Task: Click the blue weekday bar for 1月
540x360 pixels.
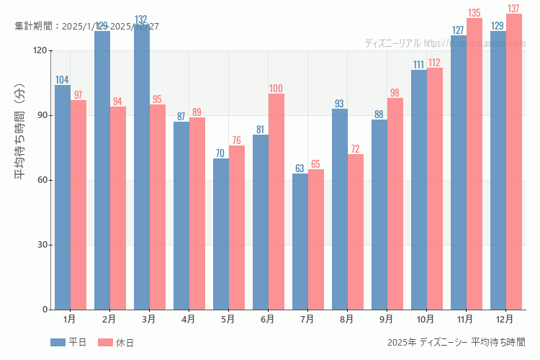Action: point(63,197)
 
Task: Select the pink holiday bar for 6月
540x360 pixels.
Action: point(276,202)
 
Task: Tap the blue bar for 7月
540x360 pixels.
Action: point(300,241)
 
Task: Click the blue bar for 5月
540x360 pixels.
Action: point(221,234)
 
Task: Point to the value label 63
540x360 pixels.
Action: point(300,168)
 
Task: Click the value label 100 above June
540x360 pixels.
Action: point(276,89)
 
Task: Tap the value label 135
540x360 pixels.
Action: point(474,13)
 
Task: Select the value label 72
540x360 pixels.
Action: point(355,149)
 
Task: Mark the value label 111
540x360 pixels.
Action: point(418,65)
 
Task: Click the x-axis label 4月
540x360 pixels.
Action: point(189,318)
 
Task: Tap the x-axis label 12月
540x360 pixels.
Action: point(505,318)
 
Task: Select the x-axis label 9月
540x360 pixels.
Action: point(387,318)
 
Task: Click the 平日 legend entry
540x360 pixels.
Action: point(68,343)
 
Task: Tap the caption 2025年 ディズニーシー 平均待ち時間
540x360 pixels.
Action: point(456,342)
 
